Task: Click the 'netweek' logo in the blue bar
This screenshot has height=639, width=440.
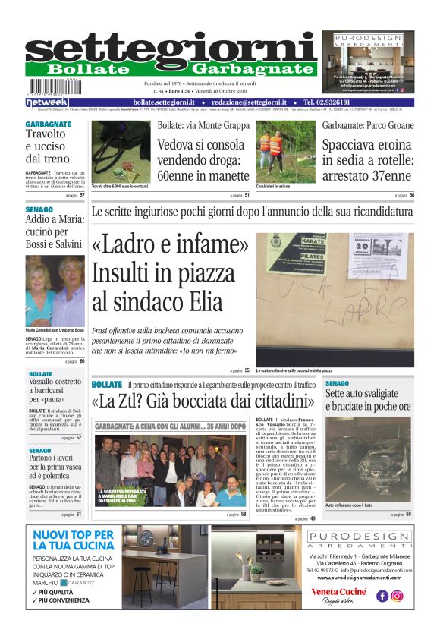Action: pos(47,102)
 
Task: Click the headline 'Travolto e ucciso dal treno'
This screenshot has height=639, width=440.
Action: pos(47,146)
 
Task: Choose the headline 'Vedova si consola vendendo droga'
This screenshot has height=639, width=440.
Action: pos(203,160)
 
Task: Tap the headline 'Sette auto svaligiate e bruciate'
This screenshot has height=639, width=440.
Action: pos(368,400)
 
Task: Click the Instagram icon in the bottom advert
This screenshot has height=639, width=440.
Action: pos(398,596)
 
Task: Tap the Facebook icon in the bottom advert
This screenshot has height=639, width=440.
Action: pos(382,596)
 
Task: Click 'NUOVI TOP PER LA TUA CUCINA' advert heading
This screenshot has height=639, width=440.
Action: pos(74,540)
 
